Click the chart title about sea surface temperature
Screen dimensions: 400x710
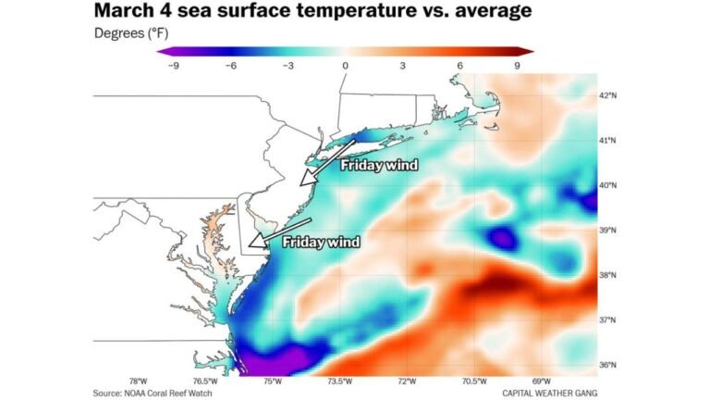[312, 12]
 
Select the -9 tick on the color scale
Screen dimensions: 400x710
[173, 66]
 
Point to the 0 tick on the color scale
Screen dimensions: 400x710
[345, 66]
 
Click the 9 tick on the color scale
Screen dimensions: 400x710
[518, 66]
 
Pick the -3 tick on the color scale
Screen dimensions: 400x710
[288, 66]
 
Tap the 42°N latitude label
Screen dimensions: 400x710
[607, 95]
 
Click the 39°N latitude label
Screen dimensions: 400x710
[607, 231]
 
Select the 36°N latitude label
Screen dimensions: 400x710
[607, 365]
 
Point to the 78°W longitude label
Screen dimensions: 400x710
[139, 381]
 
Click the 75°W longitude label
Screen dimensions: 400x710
[273, 381]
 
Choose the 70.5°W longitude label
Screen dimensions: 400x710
[474, 381]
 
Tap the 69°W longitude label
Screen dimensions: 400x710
[542, 381]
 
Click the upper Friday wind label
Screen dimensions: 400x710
[379, 166]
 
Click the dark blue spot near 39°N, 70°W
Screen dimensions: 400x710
[502, 237]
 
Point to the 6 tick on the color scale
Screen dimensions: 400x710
[460, 66]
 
